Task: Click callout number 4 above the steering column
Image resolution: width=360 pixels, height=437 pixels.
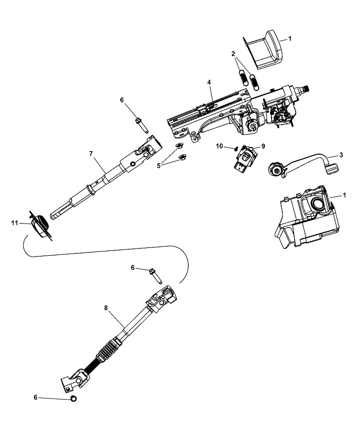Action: [x=209, y=82]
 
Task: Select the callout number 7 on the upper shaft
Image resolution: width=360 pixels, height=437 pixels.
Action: [x=91, y=154]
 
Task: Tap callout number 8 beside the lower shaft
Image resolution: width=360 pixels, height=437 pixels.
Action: [x=106, y=308]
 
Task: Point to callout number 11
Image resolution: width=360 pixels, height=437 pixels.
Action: [x=15, y=223]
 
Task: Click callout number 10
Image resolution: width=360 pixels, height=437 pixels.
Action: [x=219, y=146]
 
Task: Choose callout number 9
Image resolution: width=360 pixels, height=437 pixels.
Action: [x=263, y=146]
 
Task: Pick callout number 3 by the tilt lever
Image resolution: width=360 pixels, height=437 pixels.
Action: [x=341, y=155]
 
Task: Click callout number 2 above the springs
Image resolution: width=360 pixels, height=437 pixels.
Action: [x=233, y=54]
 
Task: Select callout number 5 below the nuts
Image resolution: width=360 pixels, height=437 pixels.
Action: [x=159, y=166]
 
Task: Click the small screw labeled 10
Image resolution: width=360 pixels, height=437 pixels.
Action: [x=236, y=149]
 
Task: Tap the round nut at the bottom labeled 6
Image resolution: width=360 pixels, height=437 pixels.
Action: [x=73, y=399]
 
